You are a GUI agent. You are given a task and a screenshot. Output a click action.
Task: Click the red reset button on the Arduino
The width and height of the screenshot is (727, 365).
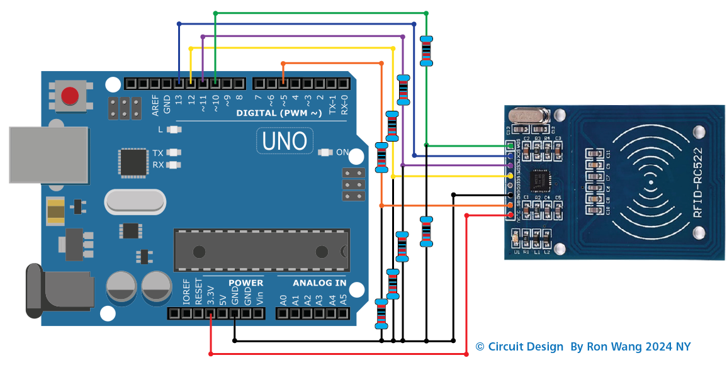pos(70,96)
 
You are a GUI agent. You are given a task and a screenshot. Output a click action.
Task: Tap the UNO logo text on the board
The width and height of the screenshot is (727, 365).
pos(285,140)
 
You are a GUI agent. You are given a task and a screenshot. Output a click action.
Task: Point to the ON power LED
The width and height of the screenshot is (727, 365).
pos(325,152)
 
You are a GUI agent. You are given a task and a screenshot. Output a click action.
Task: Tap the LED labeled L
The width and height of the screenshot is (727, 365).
pos(174,130)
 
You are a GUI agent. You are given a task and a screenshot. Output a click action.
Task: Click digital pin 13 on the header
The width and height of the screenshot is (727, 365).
pos(179,83)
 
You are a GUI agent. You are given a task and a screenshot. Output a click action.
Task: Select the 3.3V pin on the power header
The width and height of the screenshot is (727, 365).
pos(210,313)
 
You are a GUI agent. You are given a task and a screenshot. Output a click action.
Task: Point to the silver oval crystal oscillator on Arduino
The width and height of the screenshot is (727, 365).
pos(135,201)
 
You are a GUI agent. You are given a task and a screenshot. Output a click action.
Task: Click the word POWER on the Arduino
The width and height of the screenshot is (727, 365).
pos(245,283)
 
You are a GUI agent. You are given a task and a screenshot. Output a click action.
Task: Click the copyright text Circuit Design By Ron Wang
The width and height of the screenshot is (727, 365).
pos(583,347)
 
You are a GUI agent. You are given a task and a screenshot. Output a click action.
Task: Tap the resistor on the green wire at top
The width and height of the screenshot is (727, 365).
pos(426,51)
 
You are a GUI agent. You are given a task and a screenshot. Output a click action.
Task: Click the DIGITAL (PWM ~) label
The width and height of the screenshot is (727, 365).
pos(279,113)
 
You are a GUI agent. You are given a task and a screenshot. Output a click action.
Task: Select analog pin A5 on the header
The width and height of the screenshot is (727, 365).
pos(343,313)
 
